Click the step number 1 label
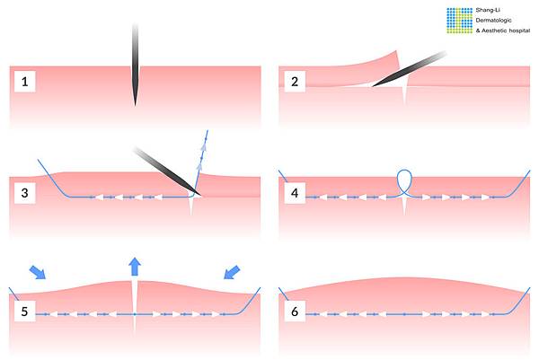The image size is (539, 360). (x=25, y=82)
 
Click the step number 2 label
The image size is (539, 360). (x=295, y=82)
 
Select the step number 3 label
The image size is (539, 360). (x=25, y=193)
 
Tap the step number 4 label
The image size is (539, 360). (x=295, y=193)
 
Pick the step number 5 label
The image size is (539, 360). (x=25, y=312)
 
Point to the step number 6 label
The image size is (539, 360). (x=295, y=312)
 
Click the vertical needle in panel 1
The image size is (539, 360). (x=135, y=65)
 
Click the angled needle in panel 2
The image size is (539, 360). (x=409, y=69)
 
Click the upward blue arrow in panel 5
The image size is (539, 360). (x=135, y=267)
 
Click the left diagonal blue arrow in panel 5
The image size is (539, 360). (x=38, y=272)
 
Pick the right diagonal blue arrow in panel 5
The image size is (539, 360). (x=232, y=272)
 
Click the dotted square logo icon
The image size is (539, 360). (x=460, y=21)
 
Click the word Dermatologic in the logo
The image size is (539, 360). (x=493, y=21)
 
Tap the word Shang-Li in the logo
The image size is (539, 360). (x=488, y=10)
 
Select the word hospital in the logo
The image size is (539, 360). (x=519, y=31)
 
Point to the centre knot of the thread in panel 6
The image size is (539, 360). (x=404, y=314)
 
